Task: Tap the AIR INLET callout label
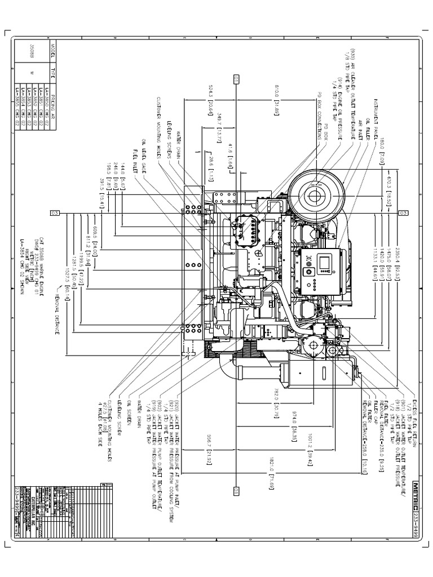(x=361, y=127)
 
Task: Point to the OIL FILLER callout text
(x=368, y=126)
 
